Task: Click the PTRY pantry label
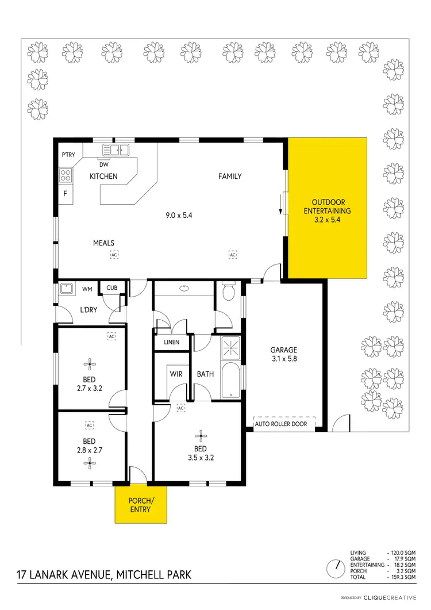[68, 155]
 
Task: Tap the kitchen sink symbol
[116, 151]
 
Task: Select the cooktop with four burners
[66, 176]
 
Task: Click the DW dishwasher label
[104, 164]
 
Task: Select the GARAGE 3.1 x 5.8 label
[284, 354]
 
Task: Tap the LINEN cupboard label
[171, 342]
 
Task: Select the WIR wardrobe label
[176, 374]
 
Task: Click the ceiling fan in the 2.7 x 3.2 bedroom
[89, 362]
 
